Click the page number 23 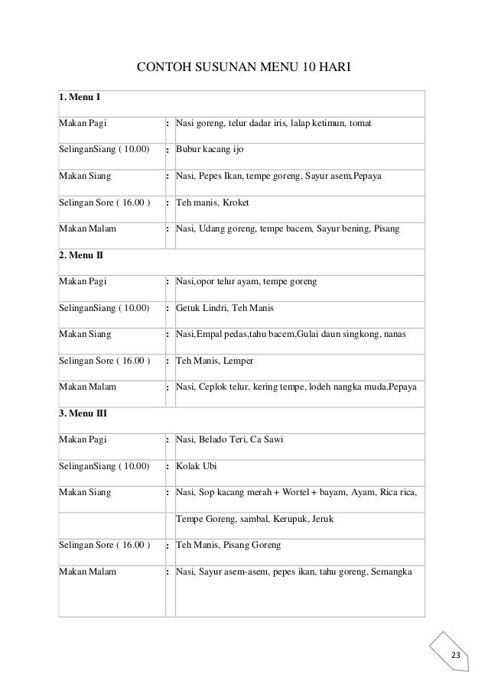[x=457, y=657]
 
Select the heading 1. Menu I [x=80, y=98]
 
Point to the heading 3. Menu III [x=83, y=413]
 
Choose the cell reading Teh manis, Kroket [x=212, y=203]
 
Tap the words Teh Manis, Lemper [x=214, y=361]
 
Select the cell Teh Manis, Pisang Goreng [x=228, y=545]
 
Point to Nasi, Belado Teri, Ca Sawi [x=230, y=439]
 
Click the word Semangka [x=392, y=572]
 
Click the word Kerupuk [x=279, y=518]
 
